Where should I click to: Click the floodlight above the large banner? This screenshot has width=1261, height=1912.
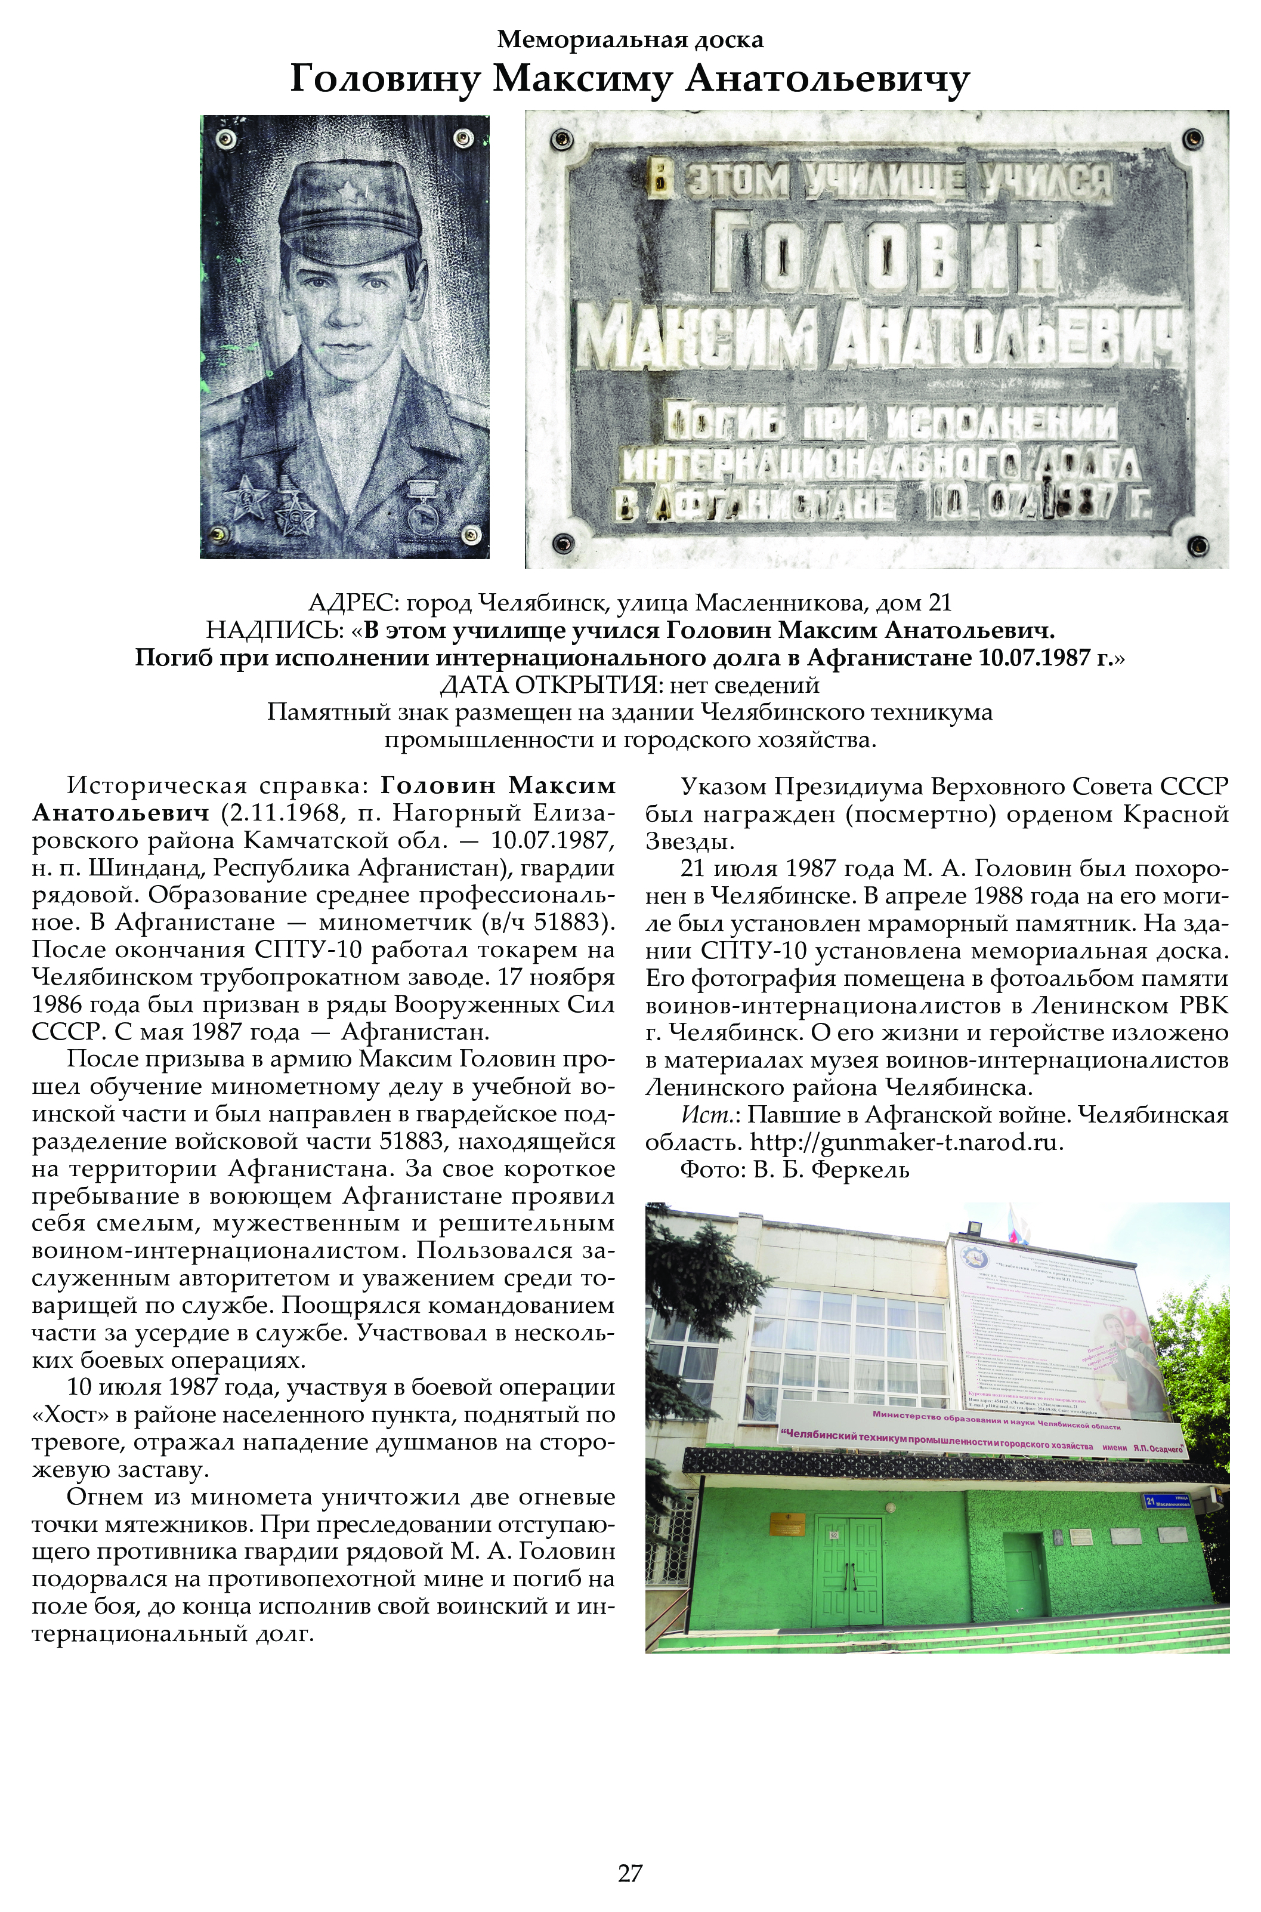975,1228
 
